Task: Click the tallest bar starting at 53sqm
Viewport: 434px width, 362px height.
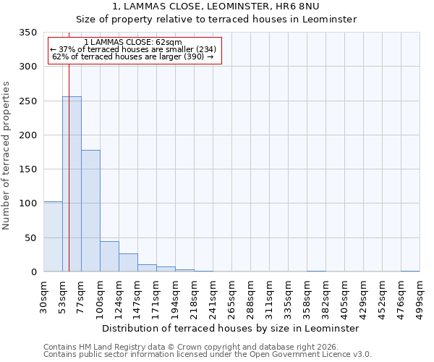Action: [x=72, y=185]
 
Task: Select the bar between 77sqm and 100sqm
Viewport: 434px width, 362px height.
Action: [x=90, y=211]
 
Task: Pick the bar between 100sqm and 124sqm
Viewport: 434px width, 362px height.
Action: [x=109, y=256]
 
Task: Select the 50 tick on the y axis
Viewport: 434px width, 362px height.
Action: [x=30, y=237]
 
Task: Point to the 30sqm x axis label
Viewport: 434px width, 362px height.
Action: [x=43, y=294]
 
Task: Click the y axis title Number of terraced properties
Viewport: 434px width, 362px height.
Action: [x=7, y=156]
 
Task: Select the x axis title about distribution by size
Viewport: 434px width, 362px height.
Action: [x=230, y=328]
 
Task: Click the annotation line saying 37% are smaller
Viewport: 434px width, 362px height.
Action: [x=133, y=49]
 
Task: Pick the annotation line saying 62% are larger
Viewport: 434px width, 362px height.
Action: [x=133, y=56]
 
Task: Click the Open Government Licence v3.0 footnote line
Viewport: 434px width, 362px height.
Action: [x=208, y=355]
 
